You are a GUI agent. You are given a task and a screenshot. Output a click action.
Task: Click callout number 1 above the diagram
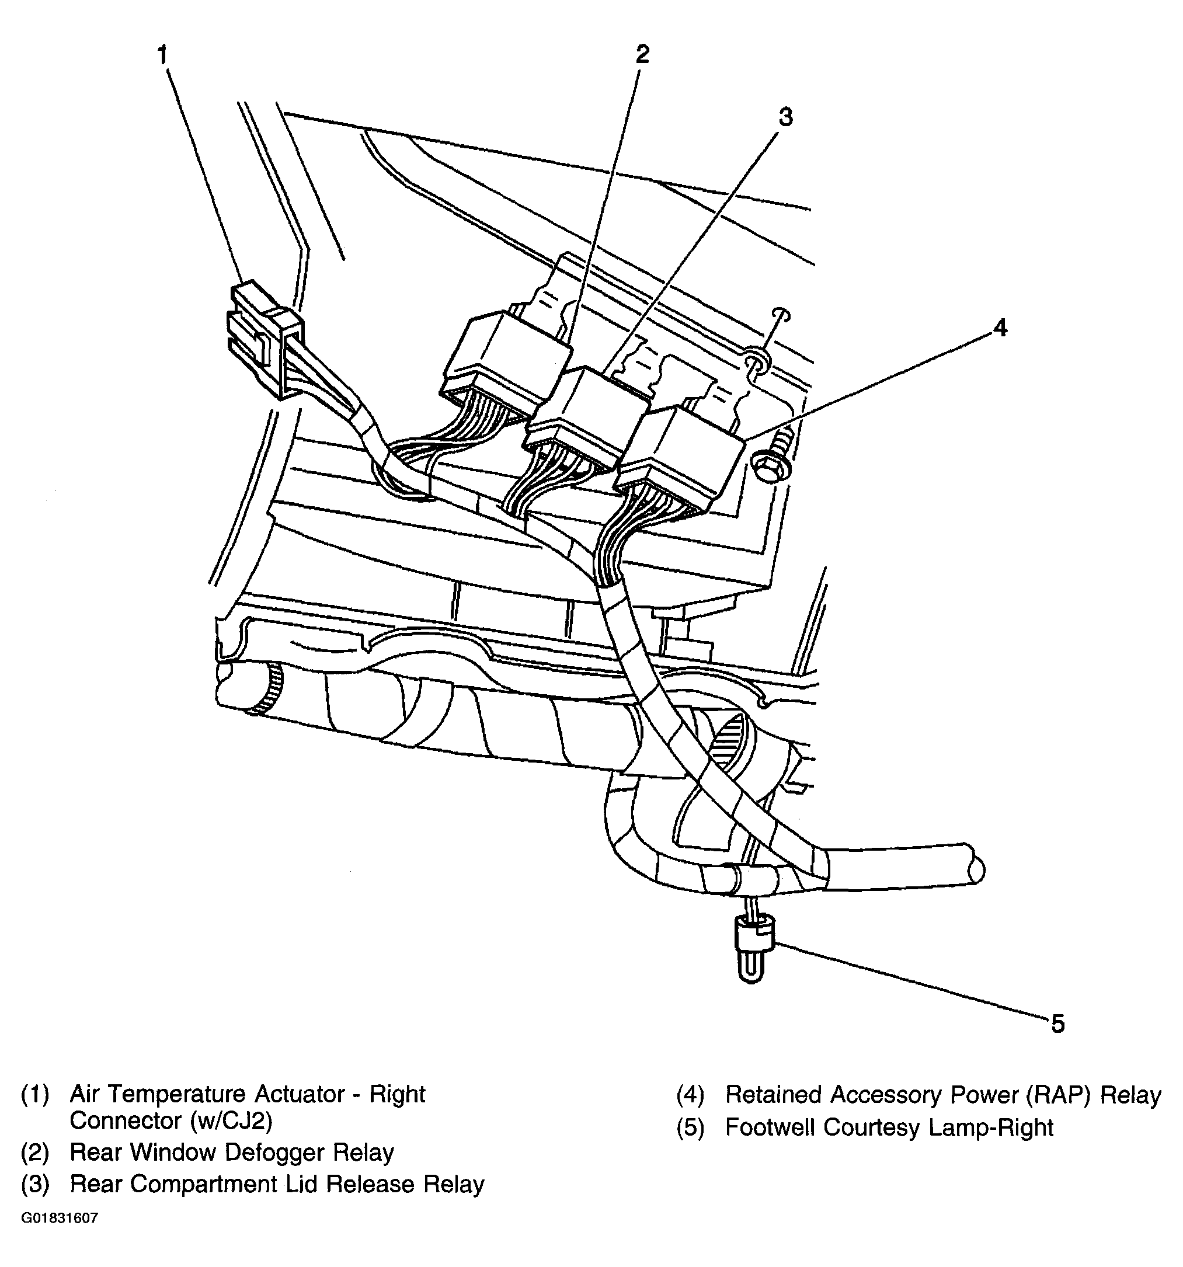click(162, 55)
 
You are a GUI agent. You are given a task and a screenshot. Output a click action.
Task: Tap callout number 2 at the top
click(642, 54)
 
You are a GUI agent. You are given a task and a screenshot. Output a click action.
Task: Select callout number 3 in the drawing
click(785, 117)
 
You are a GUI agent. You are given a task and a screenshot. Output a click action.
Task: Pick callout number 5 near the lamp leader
click(1057, 1024)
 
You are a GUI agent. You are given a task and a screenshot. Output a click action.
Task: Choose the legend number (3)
click(35, 1184)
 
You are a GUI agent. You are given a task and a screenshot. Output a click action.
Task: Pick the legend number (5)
click(690, 1128)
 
